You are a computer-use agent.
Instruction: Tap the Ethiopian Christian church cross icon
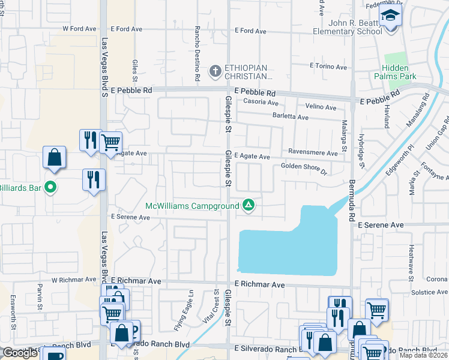click(215, 72)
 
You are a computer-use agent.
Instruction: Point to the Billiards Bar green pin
click(51, 188)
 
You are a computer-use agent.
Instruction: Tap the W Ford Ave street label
click(79, 28)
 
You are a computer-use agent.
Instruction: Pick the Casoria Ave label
click(258, 102)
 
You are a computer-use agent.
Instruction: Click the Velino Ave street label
click(321, 107)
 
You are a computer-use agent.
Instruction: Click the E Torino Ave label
click(328, 67)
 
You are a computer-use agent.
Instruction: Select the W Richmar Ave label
click(74, 280)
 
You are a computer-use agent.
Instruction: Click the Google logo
click(20, 353)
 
